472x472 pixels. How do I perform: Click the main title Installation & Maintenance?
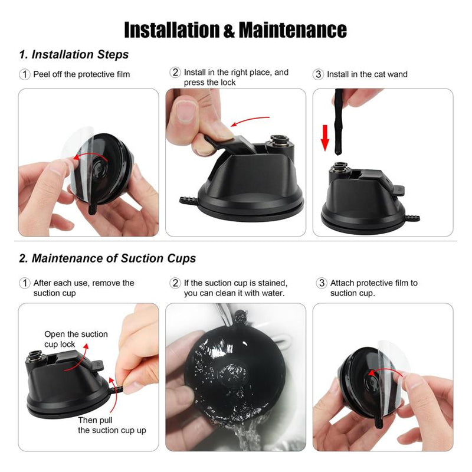point(235,30)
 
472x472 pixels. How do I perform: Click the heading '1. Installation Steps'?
point(74,54)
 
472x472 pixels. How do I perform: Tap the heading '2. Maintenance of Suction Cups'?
point(107,258)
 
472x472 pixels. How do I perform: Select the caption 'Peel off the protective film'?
point(81,74)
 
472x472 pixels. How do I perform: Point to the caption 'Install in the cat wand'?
point(367,74)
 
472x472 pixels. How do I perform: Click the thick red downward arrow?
point(325,137)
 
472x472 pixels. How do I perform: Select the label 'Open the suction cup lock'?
point(76,339)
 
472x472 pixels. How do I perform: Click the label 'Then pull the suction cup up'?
point(112,425)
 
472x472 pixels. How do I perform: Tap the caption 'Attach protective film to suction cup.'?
point(374,288)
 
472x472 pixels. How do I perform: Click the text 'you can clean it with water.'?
point(234,293)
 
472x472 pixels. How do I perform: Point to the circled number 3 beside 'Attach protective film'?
point(322,283)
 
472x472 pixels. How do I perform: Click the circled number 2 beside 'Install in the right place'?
point(175,72)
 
